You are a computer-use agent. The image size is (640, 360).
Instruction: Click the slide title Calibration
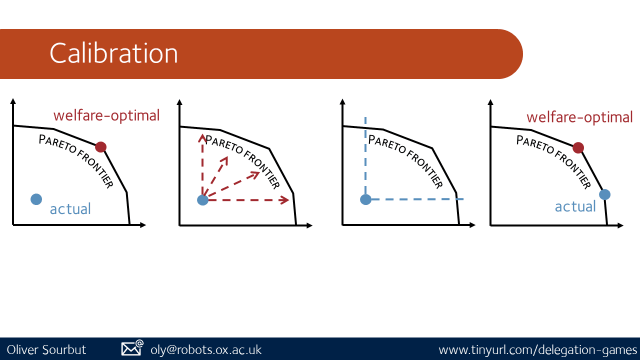113,53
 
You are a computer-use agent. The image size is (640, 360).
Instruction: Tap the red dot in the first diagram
100,147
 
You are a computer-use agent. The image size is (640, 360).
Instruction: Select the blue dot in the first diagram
36,199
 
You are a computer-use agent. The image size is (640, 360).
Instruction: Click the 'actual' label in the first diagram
70,209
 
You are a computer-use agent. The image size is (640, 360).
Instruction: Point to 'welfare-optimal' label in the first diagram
106,115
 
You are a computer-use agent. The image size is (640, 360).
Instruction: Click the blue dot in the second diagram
203,200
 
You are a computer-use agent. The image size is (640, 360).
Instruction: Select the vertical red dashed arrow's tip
202,134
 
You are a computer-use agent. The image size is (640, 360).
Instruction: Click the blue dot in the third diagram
365,199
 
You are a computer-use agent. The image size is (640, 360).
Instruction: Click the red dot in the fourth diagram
578,148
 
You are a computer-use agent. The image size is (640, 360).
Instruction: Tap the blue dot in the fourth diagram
605,194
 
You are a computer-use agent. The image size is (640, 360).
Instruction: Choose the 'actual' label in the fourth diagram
575,207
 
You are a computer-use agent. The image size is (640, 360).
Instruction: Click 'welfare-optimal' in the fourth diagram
579,117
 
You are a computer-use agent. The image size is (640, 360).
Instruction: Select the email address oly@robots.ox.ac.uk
206,350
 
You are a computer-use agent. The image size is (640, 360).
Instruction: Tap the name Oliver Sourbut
46,349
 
